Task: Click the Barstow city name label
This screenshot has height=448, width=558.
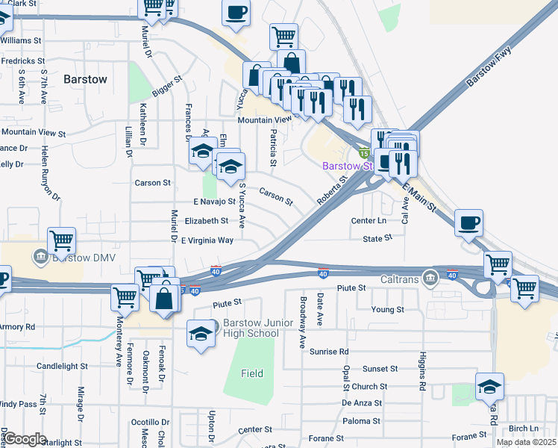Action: click(85, 78)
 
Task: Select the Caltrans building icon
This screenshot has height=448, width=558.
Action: click(430, 278)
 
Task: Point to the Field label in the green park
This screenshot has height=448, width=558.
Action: click(252, 373)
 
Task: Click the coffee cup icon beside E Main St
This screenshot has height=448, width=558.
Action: click(468, 223)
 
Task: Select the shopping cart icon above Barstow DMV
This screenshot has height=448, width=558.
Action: click(62, 241)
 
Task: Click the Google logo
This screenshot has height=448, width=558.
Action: click(25, 439)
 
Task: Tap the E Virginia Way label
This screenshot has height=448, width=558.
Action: click(207, 240)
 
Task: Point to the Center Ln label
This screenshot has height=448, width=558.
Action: click(369, 221)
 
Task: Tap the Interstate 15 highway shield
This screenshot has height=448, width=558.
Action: click(363, 152)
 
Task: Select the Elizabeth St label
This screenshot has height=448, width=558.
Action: click(206, 221)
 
